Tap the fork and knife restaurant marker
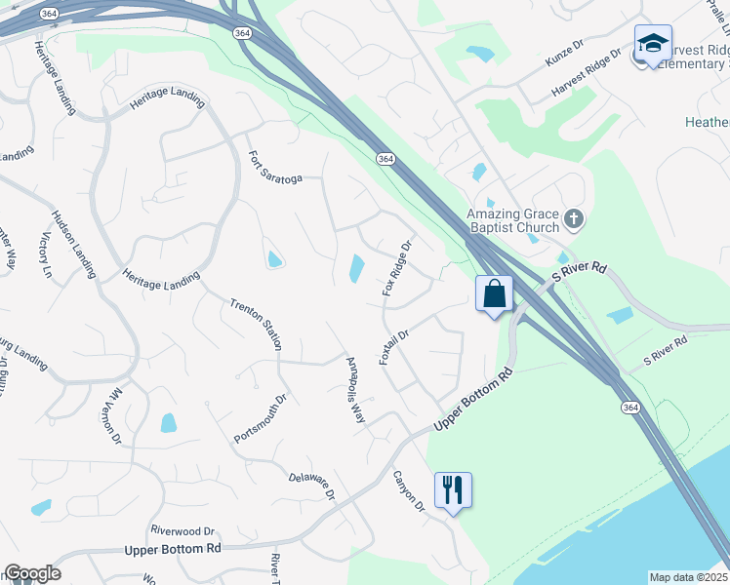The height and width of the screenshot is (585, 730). [452, 489]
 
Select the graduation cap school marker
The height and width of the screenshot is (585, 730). [652, 44]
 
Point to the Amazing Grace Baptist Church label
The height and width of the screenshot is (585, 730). [512, 221]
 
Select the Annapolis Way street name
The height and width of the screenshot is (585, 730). [355, 389]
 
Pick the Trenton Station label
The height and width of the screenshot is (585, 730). [257, 324]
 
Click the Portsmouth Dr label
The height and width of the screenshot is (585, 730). [261, 418]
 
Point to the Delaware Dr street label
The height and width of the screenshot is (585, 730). [312, 487]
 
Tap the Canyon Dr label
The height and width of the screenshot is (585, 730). [409, 490]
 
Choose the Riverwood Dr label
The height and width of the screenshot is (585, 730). [182, 530]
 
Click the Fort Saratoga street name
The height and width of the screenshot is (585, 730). [275, 166]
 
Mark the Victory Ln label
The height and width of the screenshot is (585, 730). [44, 256]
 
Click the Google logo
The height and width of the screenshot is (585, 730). [31, 573]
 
